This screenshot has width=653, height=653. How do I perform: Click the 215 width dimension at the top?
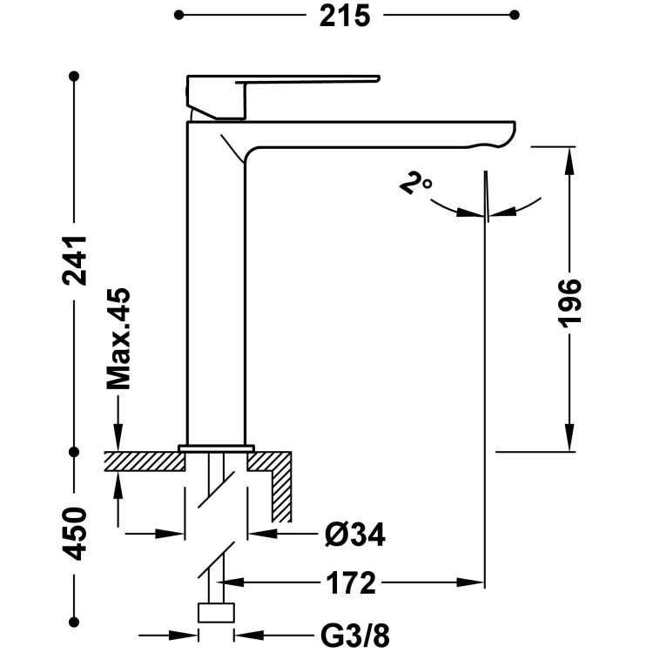click(345, 17)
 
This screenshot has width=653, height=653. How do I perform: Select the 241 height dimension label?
click(75, 260)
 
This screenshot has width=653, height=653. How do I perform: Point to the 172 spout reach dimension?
click(351, 583)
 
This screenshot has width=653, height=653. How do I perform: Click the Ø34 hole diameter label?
click(355, 535)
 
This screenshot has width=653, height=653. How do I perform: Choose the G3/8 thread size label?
click(355, 636)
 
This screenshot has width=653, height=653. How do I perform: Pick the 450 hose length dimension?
click(75, 534)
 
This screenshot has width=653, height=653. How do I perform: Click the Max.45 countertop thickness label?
click(118, 338)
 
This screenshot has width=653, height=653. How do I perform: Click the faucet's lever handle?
click(282, 97)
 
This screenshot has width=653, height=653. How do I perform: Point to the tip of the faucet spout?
click(515, 125)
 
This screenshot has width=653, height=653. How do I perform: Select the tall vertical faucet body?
click(216, 283)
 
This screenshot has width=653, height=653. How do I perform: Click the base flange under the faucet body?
click(216, 448)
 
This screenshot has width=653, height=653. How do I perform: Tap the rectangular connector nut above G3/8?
click(216, 613)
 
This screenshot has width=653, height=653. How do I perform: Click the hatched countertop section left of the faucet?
click(145, 461)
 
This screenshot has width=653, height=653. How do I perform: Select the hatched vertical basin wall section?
click(281, 495)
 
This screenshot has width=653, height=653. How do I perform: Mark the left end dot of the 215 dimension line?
click(178, 16)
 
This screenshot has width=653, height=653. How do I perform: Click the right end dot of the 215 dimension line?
click(515, 16)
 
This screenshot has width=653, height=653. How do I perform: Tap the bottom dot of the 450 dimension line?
click(75, 623)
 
